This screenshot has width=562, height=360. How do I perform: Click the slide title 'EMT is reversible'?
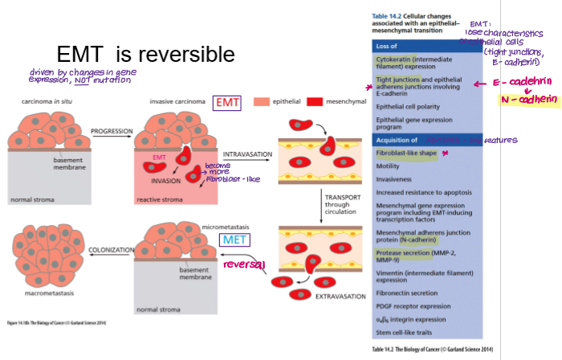coord(145,55)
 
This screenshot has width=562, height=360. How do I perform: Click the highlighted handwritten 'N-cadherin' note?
coord(528,100)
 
